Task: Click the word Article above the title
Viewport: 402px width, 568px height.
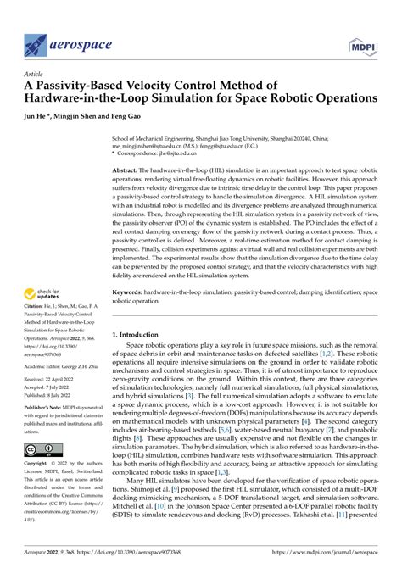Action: [34, 74]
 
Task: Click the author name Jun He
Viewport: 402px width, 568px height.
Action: [40, 114]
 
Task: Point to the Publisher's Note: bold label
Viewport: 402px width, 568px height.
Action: [48, 408]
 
